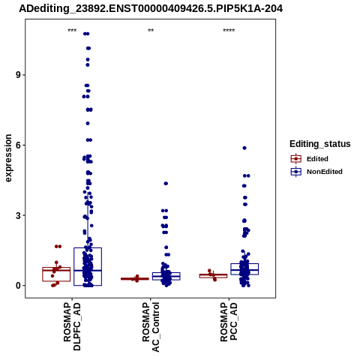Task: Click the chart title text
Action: click(x=151, y=9)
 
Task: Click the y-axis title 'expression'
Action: click(x=8, y=158)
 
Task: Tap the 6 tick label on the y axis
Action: click(x=19, y=145)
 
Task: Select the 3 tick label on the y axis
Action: click(x=19, y=215)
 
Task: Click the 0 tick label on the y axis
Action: click(x=19, y=286)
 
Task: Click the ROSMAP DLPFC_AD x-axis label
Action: click(x=72, y=326)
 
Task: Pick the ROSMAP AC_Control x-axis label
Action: click(x=151, y=327)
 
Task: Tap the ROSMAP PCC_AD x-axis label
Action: click(x=229, y=322)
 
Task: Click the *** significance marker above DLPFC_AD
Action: click(x=72, y=31)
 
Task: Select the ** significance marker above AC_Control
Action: click(x=151, y=31)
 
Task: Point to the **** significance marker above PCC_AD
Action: click(x=229, y=31)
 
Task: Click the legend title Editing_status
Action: click(x=320, y=144)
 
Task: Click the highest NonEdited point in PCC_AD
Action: click(x=244, y=148)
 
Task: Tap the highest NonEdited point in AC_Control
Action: click(x=166, y=184)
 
